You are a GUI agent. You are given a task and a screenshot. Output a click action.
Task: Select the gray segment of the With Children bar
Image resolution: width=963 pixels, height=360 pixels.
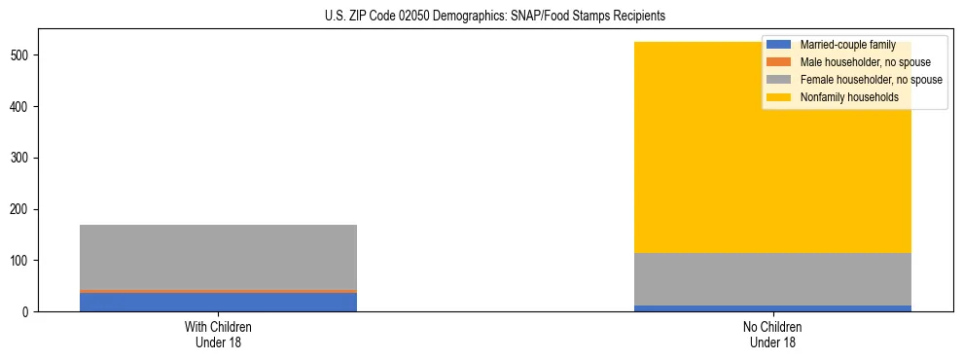pyautogui.click(x=218, y=257)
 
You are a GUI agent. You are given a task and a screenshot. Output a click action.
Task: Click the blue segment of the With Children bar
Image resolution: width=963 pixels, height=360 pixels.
pyautogui.click(x=218, y=302)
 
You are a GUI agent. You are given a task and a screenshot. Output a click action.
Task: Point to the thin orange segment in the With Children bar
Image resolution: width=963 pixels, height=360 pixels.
pyautogui.click(x=218, y=291)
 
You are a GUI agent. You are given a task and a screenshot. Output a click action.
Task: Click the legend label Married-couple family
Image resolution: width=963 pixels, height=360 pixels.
pyautogui.click(x=847, y=45)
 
